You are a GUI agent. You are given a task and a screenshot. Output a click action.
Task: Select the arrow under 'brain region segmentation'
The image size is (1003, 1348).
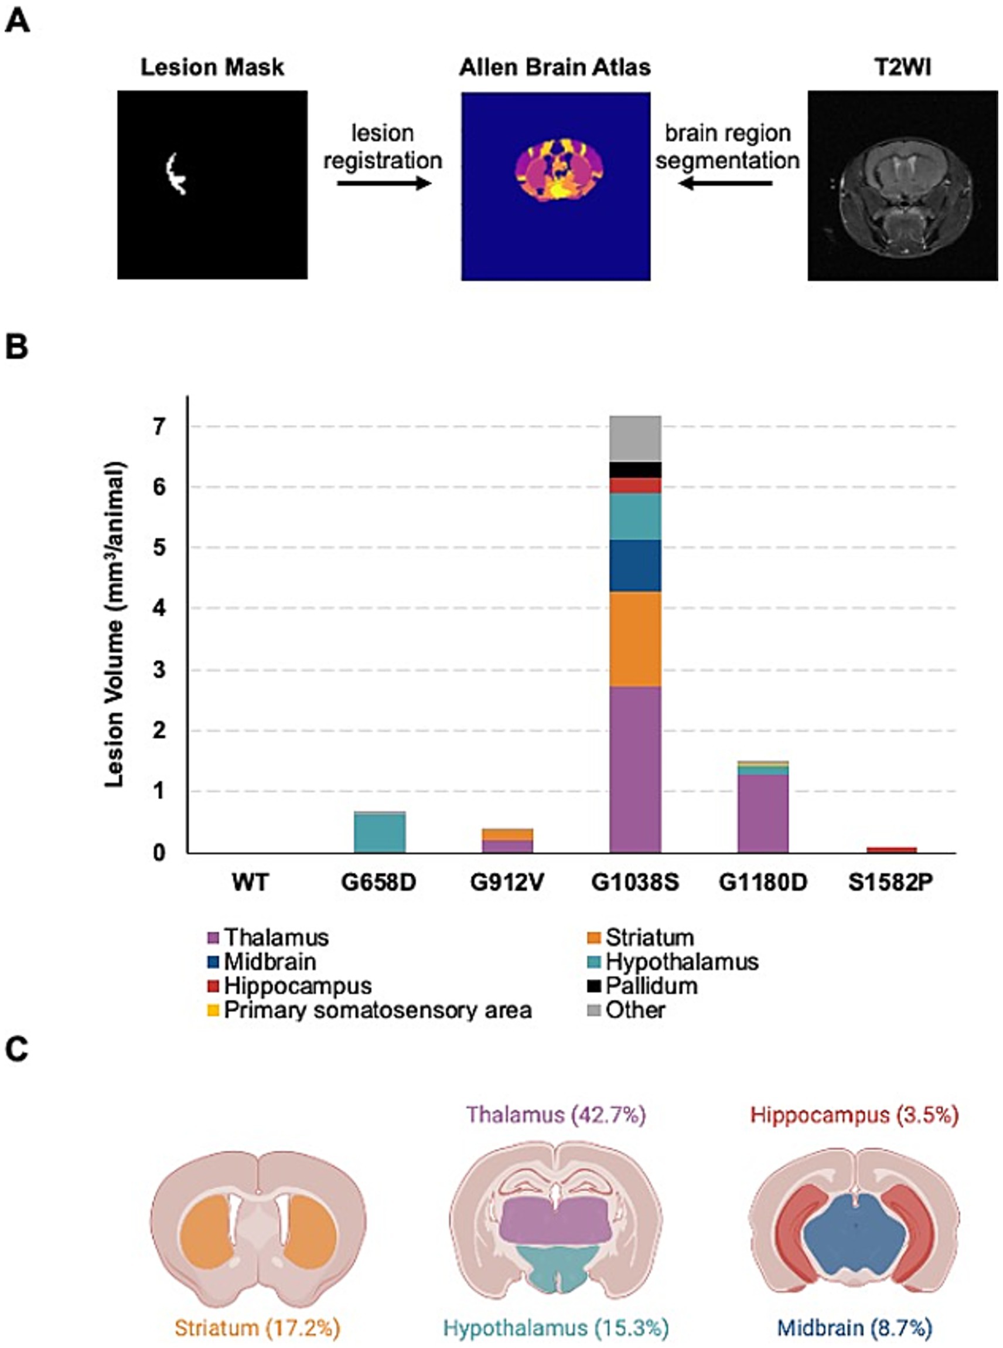(x=726, y=183)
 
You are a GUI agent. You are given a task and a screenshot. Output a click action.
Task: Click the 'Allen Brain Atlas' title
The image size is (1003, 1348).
(x=555, y=67)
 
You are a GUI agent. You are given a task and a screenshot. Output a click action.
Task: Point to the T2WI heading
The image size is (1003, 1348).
(x=903, y=67)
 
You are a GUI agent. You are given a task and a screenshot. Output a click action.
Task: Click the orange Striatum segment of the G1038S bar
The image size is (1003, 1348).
(x=635, y=639)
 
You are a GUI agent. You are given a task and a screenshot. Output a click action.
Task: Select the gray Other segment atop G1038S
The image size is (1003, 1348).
(x=635, y=439)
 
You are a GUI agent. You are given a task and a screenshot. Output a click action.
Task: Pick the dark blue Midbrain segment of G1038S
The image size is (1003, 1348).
(x=635, y=566)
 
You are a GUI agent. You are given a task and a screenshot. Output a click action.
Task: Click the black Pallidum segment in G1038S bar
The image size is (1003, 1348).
(x=635, y=470)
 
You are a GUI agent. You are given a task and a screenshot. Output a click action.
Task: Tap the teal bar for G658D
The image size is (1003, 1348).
(x=380, y=833)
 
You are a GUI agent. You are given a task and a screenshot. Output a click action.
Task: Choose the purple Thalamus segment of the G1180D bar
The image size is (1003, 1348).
(x=763, y=813)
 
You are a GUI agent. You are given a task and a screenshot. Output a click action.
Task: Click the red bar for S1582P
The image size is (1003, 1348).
(x=891, y=849)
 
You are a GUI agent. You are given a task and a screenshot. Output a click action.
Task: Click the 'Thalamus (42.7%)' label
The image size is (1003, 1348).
(x=555, y=1115)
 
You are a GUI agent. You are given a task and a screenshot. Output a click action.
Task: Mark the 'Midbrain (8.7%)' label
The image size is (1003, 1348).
(x=854, y=1328)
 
